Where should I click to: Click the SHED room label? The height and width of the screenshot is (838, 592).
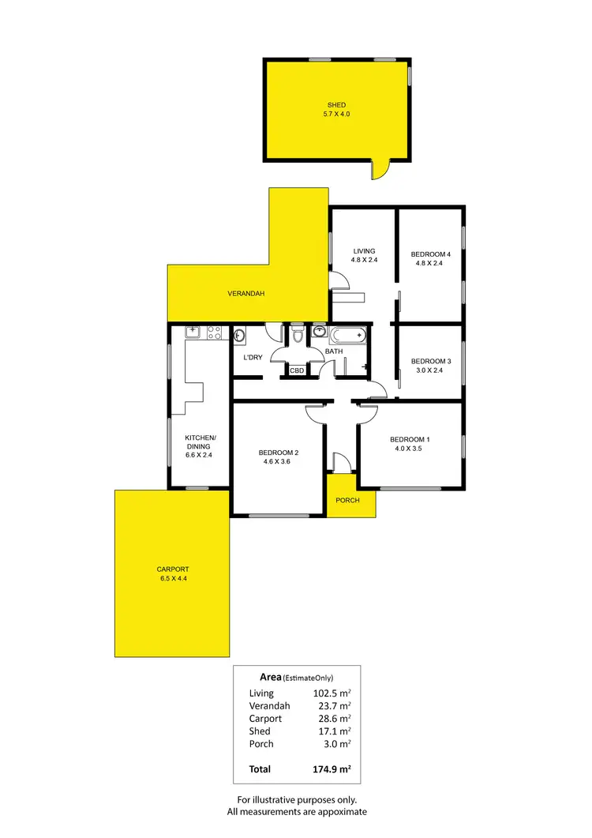point(337,105)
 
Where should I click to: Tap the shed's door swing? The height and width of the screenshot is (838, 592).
point(380,168)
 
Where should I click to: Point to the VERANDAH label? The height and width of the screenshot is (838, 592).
point(245,294)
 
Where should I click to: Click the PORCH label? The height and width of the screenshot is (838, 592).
point(347,500)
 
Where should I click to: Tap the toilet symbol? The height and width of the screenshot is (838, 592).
point(297,336)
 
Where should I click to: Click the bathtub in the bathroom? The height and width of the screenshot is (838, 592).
point(347,335)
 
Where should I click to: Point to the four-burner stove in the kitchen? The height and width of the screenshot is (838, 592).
point(213,333)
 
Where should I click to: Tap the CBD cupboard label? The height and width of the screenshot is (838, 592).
point(297,370)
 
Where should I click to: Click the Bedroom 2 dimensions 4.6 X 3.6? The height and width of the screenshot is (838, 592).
point(279,463)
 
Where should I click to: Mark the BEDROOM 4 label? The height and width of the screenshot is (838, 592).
point(431,254)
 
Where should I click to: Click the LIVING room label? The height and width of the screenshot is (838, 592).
point(364,251)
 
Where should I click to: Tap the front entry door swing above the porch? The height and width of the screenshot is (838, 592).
point(339,463)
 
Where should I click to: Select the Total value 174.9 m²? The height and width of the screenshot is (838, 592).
point(330,768)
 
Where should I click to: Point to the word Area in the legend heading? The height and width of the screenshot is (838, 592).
point(272,677)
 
